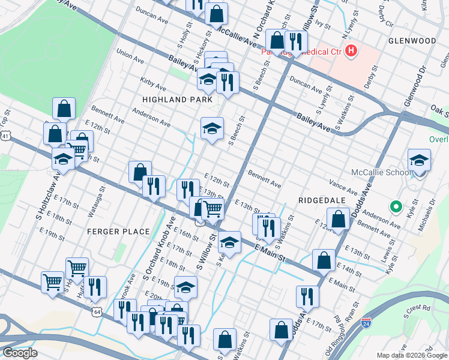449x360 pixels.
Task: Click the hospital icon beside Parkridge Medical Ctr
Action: (x=352, y=52)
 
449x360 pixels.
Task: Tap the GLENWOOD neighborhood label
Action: (x=412, y=41)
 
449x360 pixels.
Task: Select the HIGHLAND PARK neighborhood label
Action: (x=178, y=100)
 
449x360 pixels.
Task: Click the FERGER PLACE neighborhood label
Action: (x=118, y=231)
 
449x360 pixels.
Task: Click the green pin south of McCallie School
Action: (x=395, y=208)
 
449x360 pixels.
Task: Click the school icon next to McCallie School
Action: (x=419, y=160)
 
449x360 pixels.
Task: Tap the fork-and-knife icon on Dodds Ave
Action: (x=307, y=296)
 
